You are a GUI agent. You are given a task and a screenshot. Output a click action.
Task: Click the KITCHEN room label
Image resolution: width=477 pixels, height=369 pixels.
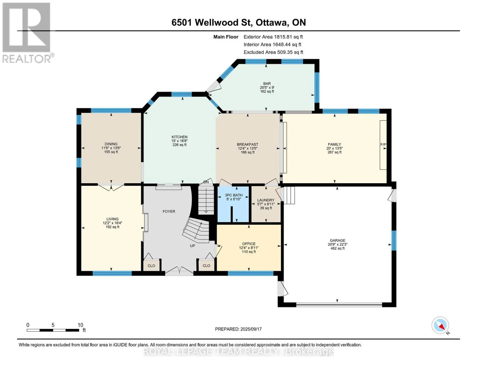[179, 137]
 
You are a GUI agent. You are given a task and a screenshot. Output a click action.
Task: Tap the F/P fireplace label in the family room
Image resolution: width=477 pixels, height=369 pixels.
[383, 145]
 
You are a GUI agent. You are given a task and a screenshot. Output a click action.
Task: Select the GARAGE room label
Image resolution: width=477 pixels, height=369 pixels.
[337, 240]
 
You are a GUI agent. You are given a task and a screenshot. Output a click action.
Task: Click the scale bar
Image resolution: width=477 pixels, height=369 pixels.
[53, 330]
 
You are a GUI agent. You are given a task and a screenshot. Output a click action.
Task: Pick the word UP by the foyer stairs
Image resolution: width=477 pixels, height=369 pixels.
[192, 246]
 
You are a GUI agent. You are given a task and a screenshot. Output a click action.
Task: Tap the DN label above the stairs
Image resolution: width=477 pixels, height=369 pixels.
[206, 182]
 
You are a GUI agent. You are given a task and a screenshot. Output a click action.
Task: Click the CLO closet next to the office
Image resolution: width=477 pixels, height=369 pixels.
[206, 265]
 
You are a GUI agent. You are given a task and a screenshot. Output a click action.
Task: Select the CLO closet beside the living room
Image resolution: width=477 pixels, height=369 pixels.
[151, 266]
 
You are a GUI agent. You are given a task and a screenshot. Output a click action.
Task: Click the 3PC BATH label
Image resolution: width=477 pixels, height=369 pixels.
[234, 195]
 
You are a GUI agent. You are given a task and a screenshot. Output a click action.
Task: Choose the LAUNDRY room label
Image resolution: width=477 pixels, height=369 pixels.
[266, 200]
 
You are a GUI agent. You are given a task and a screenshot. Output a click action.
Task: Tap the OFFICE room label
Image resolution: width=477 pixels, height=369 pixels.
[249, 244]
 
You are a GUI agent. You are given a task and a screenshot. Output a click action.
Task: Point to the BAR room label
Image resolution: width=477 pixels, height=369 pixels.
[267, 84]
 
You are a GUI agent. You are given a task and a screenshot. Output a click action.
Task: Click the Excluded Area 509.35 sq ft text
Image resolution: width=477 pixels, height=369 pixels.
[273, 52]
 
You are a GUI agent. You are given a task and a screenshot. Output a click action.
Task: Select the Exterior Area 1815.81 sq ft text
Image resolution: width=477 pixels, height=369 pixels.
[273, 37]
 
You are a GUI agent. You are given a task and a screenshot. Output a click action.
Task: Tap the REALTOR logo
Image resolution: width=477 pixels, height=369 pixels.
[27, 33]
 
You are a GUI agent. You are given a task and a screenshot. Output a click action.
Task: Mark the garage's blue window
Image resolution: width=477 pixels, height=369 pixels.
[394, 240]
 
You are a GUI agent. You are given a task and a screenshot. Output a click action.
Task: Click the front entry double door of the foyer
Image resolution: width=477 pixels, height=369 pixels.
[179, 272]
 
